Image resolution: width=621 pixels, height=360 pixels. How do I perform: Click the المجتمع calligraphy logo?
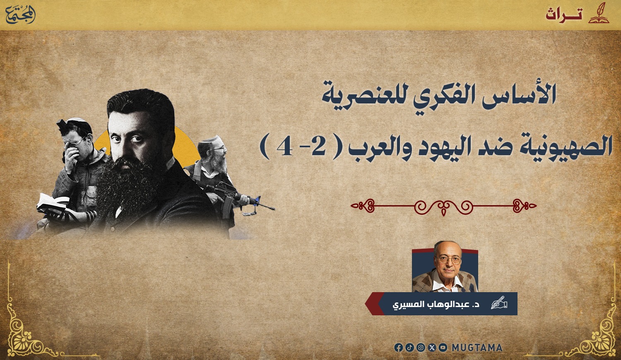(21, 14)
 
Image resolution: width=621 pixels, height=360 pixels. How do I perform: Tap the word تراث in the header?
(564, 14)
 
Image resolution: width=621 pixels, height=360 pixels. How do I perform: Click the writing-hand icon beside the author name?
(499, 302)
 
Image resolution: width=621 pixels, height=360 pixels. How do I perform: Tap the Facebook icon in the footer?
(399, 348)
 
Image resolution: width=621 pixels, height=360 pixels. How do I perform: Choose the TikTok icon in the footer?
(410, 348)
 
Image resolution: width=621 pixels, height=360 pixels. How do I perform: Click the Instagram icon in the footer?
(421, 348)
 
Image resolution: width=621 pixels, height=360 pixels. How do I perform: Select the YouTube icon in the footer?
(443, 348)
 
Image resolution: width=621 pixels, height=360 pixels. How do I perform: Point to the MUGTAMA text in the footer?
(477, 348)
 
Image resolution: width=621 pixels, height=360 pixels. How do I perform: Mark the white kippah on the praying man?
(77, 120)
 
